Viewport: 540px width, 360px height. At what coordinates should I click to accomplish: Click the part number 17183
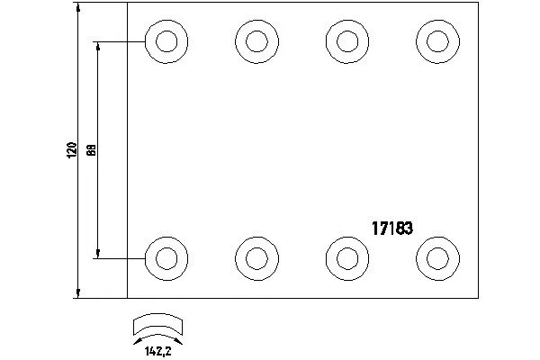point(392,229)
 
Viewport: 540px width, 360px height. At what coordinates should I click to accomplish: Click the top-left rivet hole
point(166,41)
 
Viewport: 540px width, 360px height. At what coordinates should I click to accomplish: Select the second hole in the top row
point(256,41)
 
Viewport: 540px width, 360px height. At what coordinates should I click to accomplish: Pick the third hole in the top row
point(346,41)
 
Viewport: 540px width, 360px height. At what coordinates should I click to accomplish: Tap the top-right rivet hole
point(438,41)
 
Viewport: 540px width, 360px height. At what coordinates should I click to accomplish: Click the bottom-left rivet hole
point(166,257)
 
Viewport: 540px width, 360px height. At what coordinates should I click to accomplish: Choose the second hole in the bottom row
point(256,257)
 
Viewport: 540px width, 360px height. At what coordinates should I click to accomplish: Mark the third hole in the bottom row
point(346,257)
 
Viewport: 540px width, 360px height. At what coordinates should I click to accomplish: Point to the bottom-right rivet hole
point(438,257)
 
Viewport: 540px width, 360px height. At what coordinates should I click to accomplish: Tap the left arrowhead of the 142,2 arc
point(136,341)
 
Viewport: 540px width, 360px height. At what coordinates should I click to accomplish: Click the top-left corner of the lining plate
point(127,3)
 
